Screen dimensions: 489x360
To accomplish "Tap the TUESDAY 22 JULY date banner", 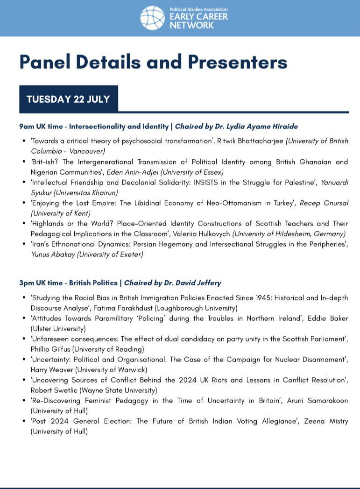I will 68,99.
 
